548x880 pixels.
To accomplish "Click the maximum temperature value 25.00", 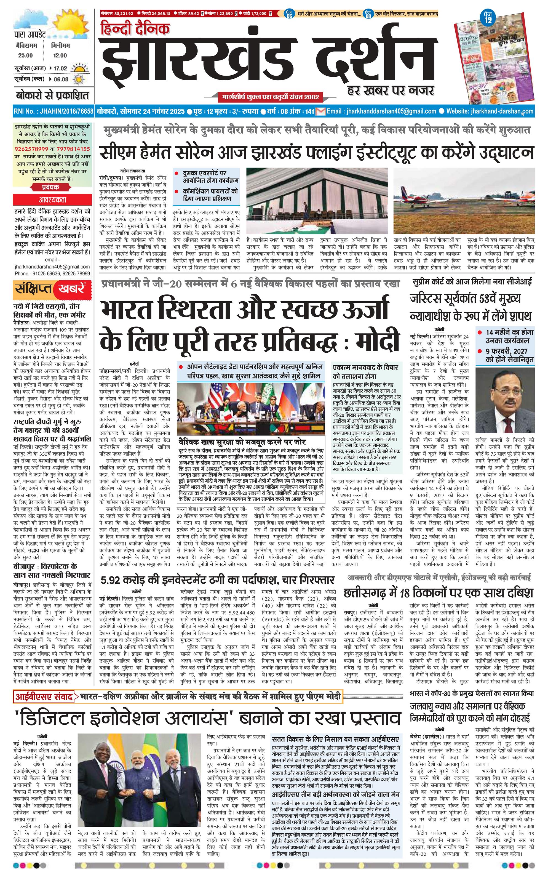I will (25, 55).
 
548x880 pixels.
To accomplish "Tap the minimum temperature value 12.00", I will (60, 55).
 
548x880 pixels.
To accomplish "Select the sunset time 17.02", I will (60, 68).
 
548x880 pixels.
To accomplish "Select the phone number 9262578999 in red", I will (31, 149).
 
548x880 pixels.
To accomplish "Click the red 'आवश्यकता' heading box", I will (53, 200).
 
